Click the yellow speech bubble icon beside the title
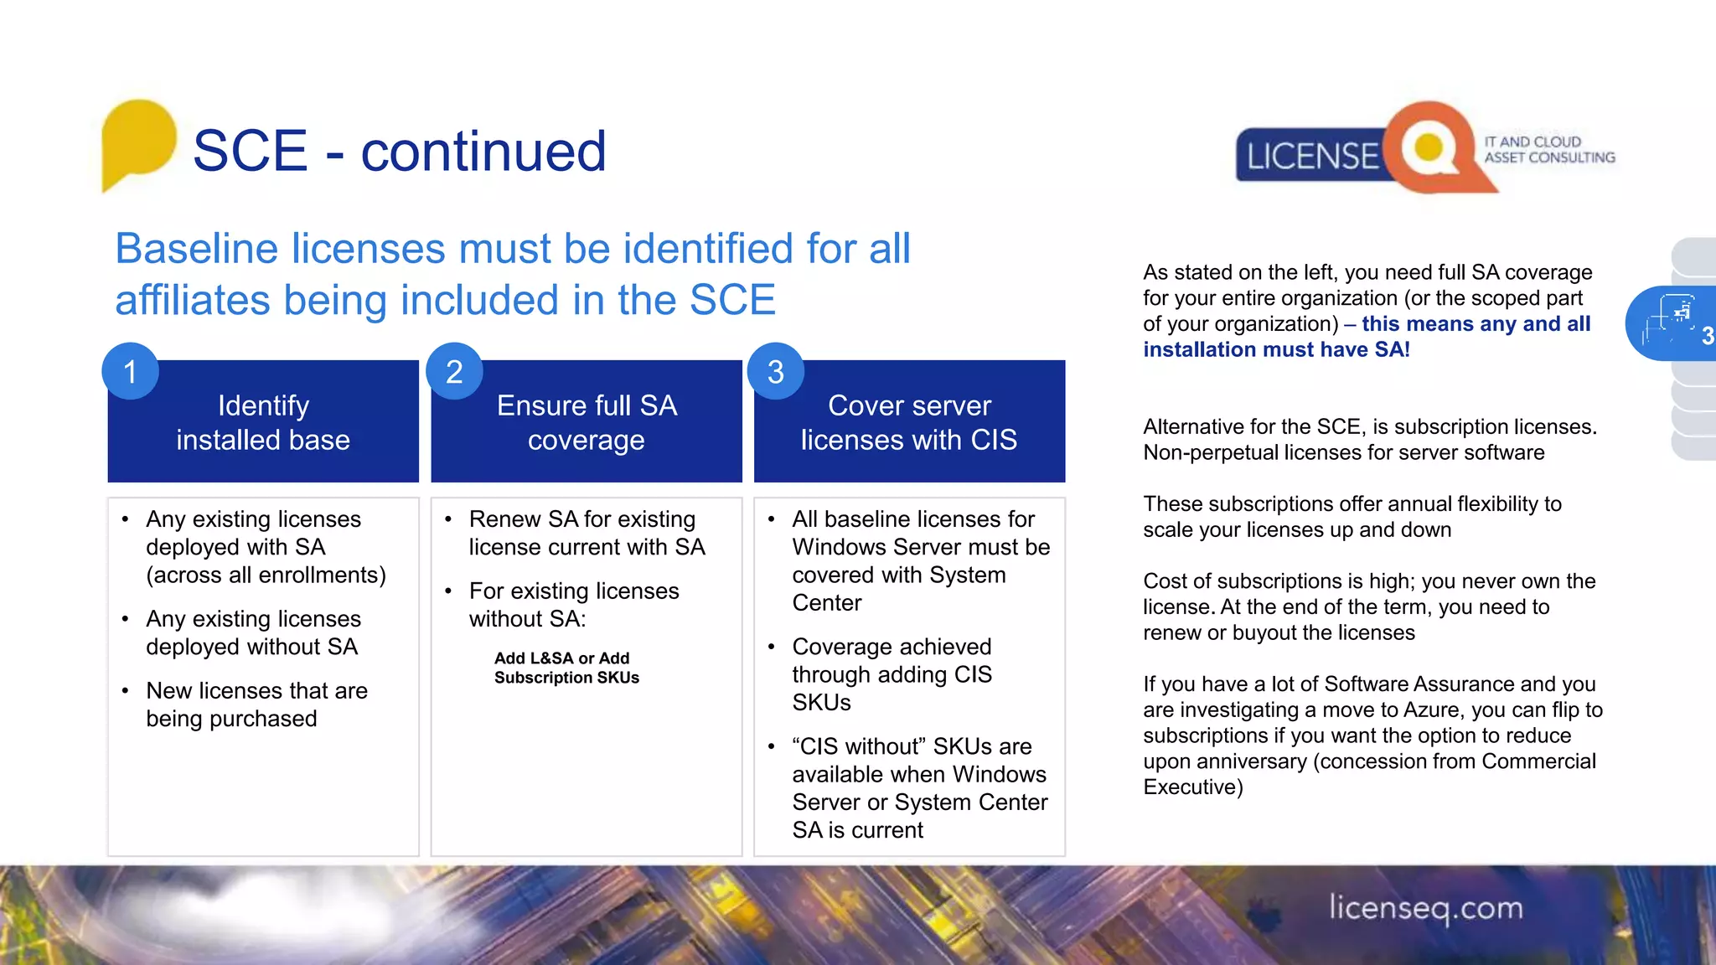(x=138, y=141)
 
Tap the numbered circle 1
(x=130, y=371)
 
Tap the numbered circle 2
(x=454, y=371)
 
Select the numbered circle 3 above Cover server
(x=776, y=371)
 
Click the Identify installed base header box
(x=263, y=423)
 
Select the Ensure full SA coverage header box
(x=587, y=423)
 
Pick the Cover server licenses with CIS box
(x=909, y=423)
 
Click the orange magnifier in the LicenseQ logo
(x=1429, y=147)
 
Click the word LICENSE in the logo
(x=1311, y=157)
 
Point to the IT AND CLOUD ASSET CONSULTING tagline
(x=1548, y=150)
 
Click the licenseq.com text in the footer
(x=1426, y=908)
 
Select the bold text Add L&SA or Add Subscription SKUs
(x=566, y=668)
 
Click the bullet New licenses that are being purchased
(x=256, y=704)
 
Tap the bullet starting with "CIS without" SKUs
(x=919, y=787)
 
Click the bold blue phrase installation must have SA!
(x=1276, y=350)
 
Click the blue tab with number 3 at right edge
(x=1672, y=323)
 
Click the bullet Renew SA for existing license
(x=586, y=533)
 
